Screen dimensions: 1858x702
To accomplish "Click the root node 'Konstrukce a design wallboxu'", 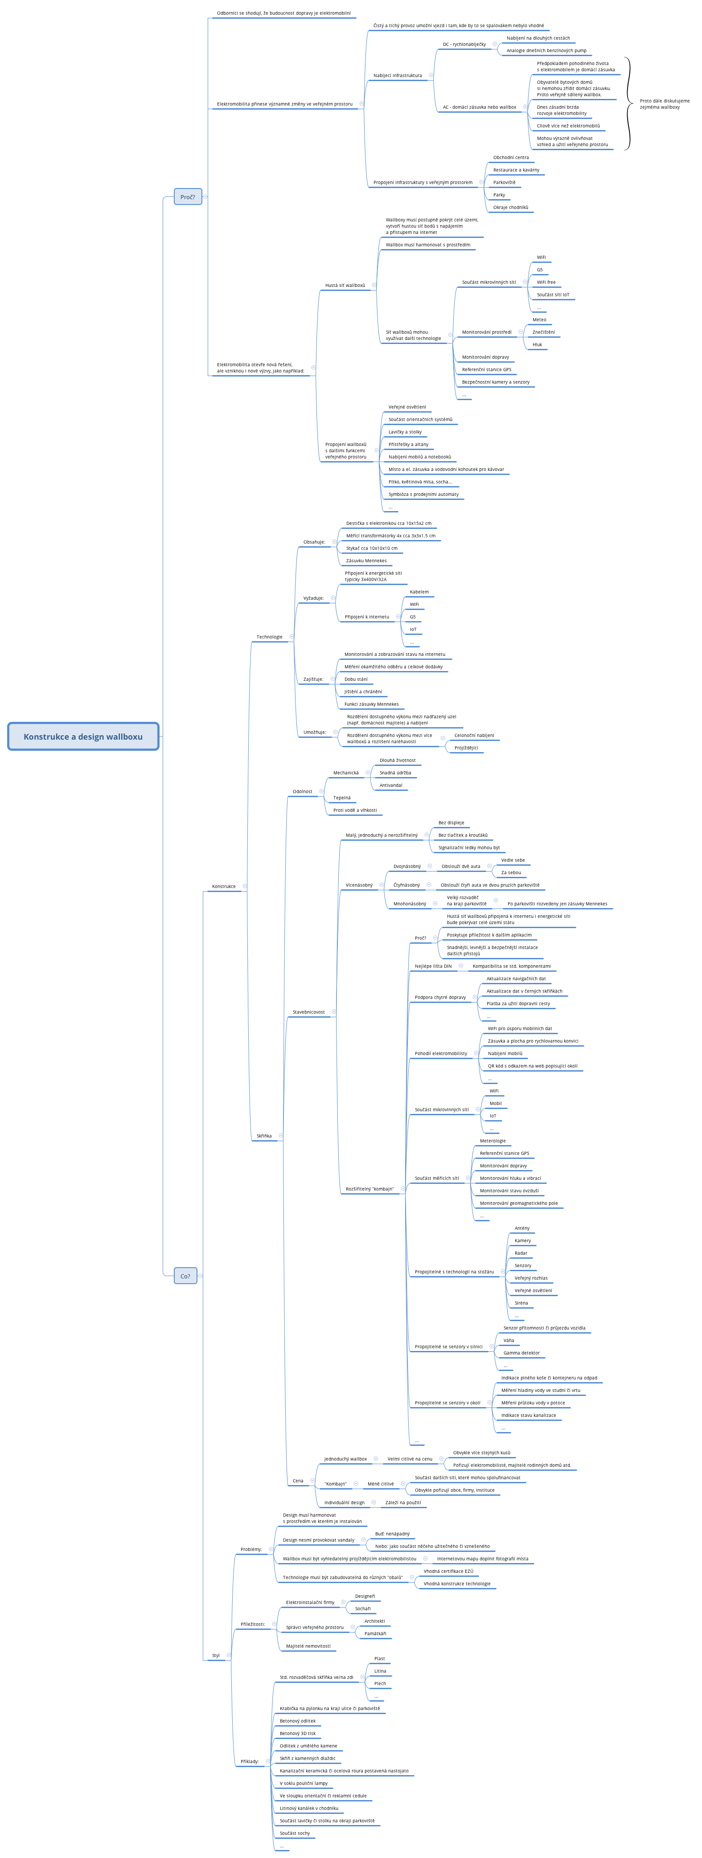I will pos(83,737).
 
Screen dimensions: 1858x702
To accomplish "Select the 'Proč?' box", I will pos(188,197).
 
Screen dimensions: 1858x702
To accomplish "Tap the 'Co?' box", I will pos(185,1276).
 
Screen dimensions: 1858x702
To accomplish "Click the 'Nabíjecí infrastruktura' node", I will pos(398,76).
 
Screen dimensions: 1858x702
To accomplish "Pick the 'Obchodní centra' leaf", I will pos(511,157).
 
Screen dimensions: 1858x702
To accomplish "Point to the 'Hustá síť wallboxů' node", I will pos(345,286).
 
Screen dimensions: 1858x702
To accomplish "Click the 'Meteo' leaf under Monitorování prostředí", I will pos(539,319).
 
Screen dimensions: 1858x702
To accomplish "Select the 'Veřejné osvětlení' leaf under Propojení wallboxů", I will pos(407,407).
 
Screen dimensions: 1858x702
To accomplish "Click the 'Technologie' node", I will pos(269,637).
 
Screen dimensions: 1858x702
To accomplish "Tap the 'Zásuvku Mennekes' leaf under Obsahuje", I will pos(366,561).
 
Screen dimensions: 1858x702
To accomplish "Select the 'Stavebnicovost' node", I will pos(308,1012).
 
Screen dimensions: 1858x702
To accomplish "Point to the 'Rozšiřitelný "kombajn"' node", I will pos(369,1189).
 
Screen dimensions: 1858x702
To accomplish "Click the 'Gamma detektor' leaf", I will pos(521,1353).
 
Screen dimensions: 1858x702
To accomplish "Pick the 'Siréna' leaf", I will pos(521,1303).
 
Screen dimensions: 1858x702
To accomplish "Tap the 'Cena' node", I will pos(298,1481).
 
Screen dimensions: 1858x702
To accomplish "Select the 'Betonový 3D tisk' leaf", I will pos(297,1733).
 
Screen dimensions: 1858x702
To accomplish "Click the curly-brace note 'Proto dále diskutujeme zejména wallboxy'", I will pos(664,104).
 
